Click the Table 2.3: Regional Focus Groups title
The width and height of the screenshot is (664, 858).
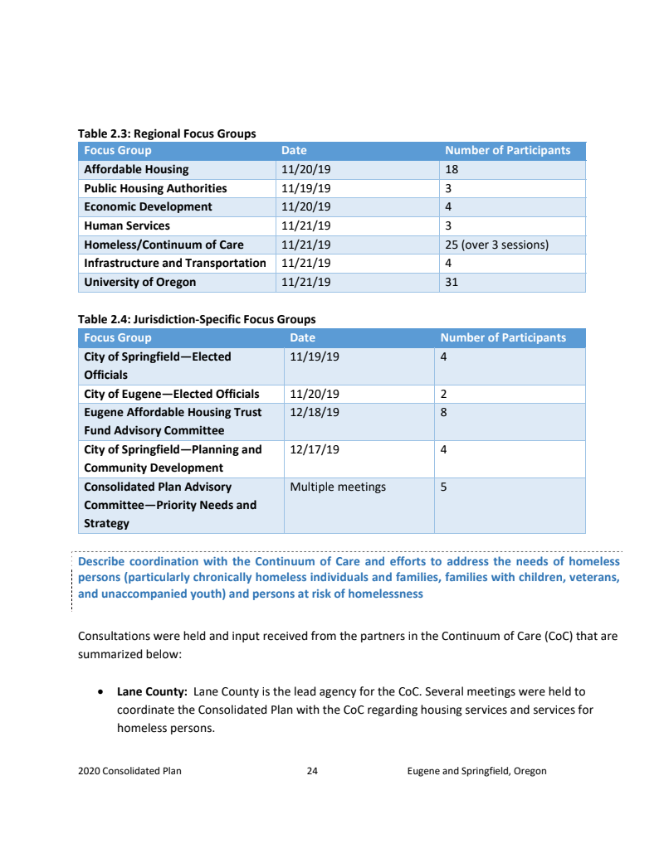click(167, 133)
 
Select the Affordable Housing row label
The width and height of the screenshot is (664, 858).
click(136, 169)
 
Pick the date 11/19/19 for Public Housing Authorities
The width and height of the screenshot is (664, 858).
click(305, 188)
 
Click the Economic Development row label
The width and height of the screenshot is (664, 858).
click(148, 206)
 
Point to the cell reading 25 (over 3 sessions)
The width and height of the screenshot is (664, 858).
click(496, 245)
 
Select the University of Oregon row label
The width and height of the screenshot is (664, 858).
click(140, 282)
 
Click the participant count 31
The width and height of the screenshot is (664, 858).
click(452, 282)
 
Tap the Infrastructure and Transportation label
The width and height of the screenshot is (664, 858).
click(175, 263)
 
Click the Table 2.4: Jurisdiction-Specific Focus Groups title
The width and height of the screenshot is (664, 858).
click(197, 319)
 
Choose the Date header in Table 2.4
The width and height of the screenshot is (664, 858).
click(302, 337)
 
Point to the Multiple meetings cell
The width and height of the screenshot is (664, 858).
click(338, 487)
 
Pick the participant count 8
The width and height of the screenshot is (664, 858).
click(443, 412)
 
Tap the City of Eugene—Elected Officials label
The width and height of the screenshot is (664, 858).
click(172, 394)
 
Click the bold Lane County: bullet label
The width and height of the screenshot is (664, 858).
click(152, 691)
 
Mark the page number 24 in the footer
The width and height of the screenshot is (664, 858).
click(312, 771)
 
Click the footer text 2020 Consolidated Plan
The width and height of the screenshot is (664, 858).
click(129, 771)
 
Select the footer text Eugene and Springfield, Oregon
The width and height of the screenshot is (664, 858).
click(476, 771)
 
